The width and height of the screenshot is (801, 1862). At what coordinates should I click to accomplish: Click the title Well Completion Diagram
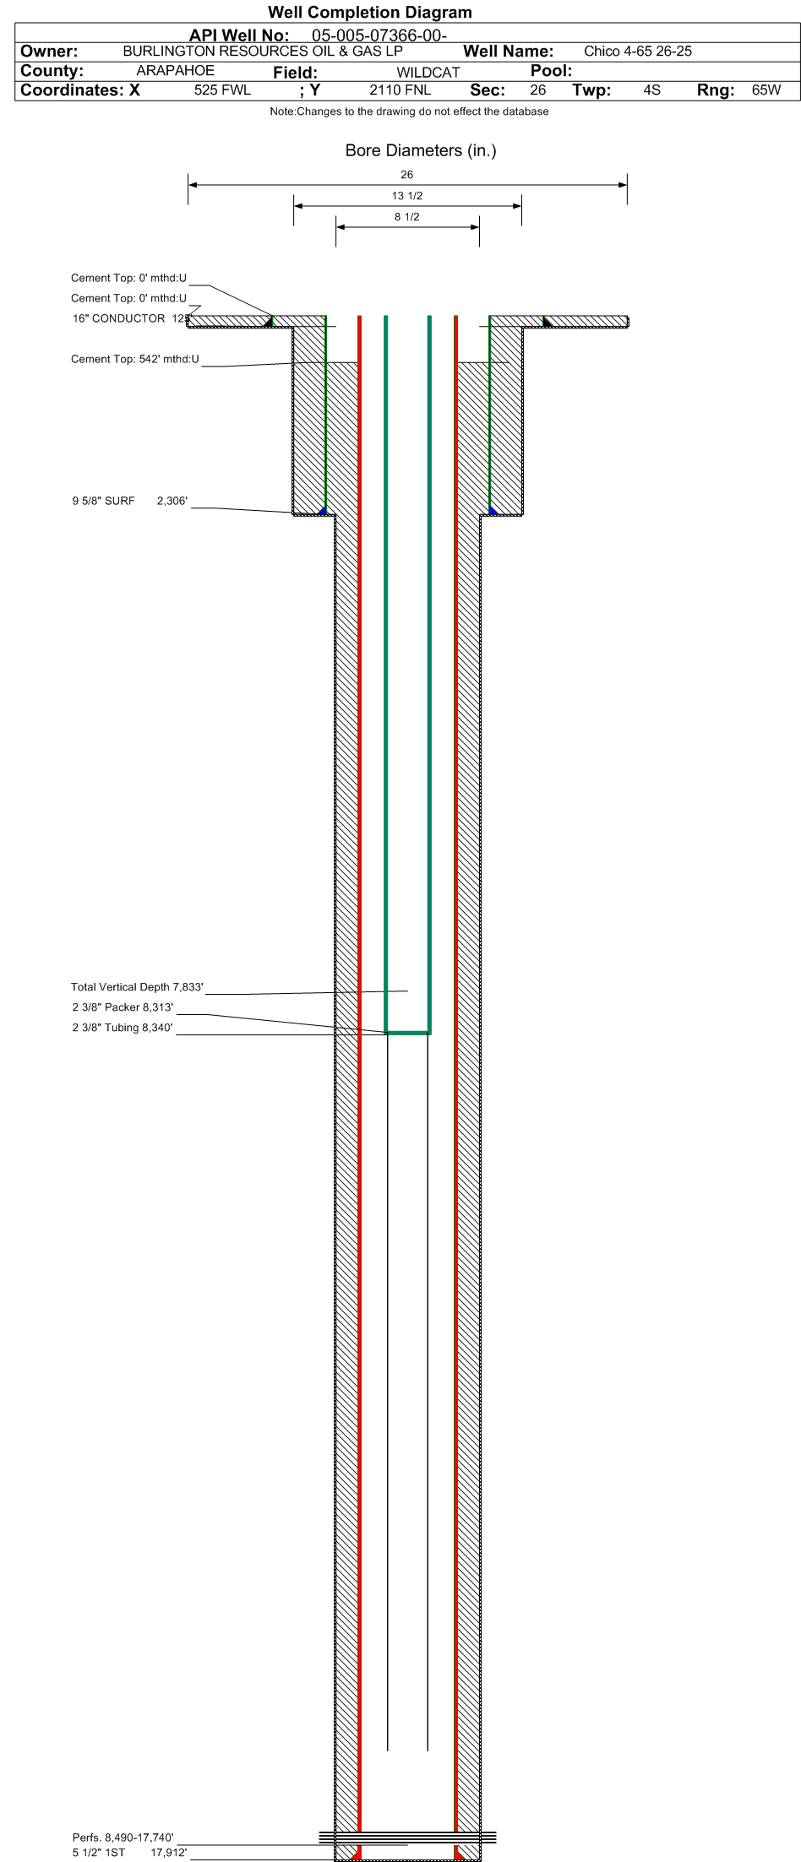click(369, 13)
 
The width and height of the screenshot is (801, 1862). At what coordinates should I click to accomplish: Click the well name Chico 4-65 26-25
click(638, 52)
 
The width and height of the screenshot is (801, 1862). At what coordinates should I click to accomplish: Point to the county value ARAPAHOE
click(176, 71)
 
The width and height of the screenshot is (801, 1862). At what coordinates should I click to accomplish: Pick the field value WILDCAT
click(428, 73)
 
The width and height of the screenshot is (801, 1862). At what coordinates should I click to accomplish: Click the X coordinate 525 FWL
click(222, 90)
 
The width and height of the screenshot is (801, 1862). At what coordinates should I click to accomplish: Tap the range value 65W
click(766, 90)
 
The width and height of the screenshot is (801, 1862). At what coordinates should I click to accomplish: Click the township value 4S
click(651, 90)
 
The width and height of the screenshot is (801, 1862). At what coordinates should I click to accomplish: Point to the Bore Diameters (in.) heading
click(421, 151)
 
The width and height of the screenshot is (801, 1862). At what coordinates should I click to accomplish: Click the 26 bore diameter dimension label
click(407, 175)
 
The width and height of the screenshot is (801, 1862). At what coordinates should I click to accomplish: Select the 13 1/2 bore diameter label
click(407, 196)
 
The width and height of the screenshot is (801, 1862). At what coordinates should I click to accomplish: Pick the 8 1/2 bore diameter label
click(407, 217)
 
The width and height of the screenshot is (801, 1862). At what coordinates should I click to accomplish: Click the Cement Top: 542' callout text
click(135, 360)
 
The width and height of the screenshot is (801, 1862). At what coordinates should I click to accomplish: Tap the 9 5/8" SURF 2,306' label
click(129, 502)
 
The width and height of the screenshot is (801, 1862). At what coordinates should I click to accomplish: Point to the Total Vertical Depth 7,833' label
click(138, 987)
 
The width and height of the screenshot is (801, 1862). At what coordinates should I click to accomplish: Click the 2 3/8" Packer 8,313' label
click(123, 1007)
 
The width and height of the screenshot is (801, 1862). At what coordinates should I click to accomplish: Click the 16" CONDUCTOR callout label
click(118, 318)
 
